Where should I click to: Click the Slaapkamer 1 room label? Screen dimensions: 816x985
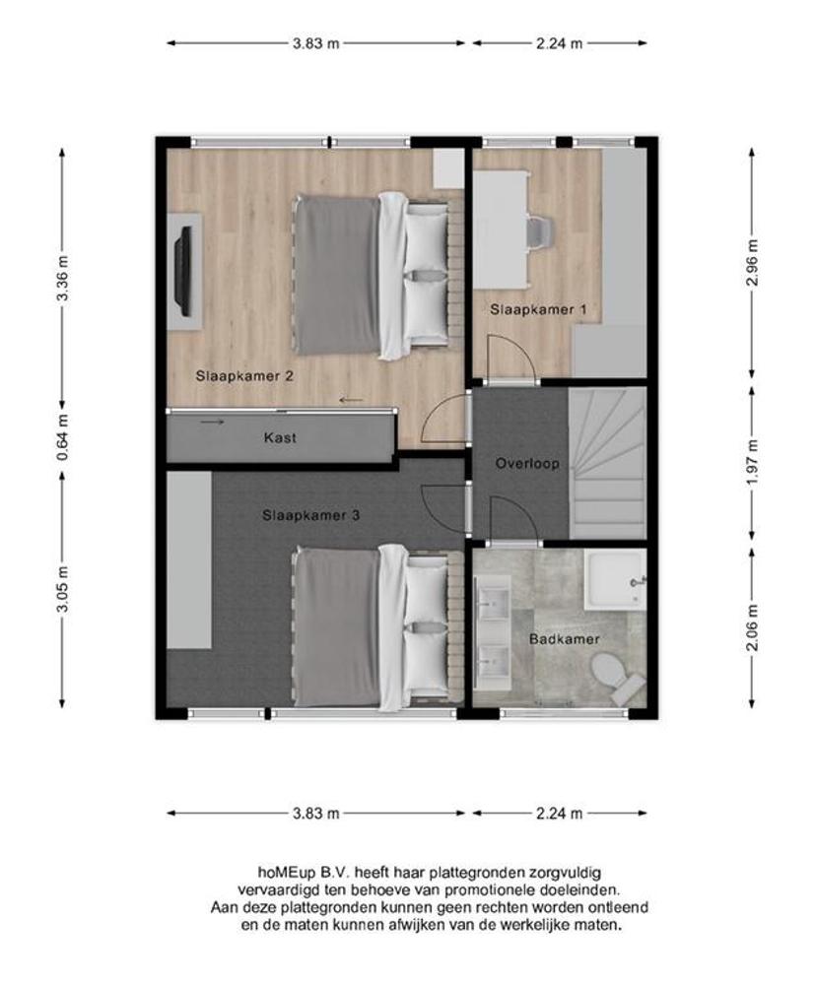click(539, 309)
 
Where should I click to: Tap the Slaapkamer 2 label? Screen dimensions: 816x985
click(244, 376)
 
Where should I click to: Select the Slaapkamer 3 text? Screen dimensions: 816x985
click(311, 516)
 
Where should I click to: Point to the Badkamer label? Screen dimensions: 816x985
click(564, 639)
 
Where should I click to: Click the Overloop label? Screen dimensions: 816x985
click(527, 464)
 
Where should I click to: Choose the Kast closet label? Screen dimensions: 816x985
click(281, 438)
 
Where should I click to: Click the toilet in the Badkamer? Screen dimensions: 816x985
click(616, 677)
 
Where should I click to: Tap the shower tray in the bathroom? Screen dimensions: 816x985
click(616, 579)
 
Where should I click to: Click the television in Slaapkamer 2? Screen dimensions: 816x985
click(184, 272)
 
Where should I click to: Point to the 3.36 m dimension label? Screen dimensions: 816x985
click(63, 279)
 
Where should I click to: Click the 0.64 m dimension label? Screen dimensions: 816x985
click(63, 437)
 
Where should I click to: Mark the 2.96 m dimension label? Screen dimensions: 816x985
click(753, 263)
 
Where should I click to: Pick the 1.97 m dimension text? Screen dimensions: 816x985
click(753, 463)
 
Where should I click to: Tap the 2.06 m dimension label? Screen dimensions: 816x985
click(753, 627)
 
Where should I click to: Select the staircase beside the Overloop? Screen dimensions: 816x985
click(607, 463)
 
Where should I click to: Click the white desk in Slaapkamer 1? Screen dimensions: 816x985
click(501, 229)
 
